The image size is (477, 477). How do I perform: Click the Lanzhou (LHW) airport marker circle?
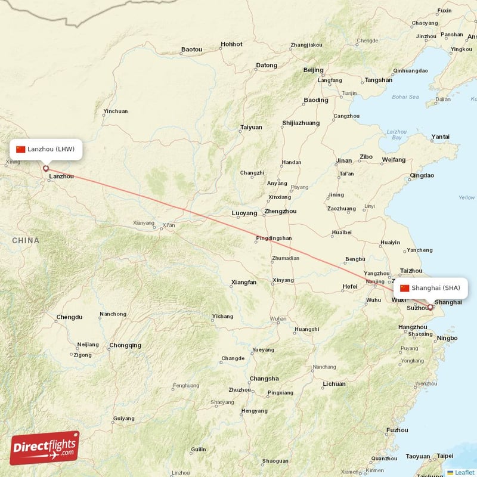(x=45, y=169)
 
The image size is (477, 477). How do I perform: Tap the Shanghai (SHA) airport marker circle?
(x=430, y=308)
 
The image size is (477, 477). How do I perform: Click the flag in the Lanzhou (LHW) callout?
(x=21, y=149)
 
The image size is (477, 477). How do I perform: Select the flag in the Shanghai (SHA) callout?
(x=405, y=288)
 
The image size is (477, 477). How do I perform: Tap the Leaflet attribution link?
(x=464, y=472)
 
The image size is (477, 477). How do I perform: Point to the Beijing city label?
(x=313, y=70)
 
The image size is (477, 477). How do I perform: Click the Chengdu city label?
(x=69, y=317)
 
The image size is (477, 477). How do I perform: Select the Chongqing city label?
(x=125, y=345)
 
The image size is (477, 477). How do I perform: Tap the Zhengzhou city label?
(x=280, y=211)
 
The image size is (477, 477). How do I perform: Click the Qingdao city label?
(x=422, y=176)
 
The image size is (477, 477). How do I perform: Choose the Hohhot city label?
(x=231, y=44)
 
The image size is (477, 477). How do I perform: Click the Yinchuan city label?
(x=115, y=111)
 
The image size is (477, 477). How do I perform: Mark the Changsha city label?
(x=264, y=379)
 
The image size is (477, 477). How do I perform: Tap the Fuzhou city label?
(x=397, y=430)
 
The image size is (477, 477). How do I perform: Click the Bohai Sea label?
(x=405, y=97)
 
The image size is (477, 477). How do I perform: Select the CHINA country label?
(x=25, y=240)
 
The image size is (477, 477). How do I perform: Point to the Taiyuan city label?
(x=251, y=127)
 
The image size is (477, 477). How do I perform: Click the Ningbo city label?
(x=447, y=339)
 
